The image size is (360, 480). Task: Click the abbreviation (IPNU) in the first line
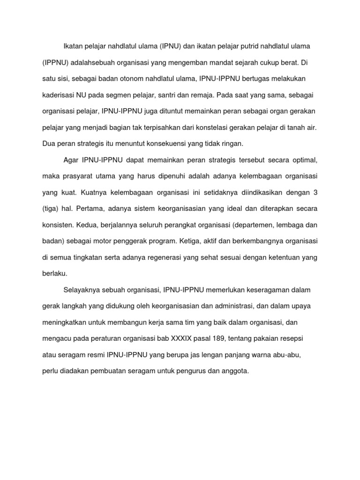(x=173, y=46)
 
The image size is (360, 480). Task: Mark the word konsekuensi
(x=167, y=143)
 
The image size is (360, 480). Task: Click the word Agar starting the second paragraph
(x=71, y=160)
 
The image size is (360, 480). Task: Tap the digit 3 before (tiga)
(x=315, y=192)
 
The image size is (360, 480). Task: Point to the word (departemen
(x=247, y=225)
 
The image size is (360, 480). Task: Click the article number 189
(x=219, y=338)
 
